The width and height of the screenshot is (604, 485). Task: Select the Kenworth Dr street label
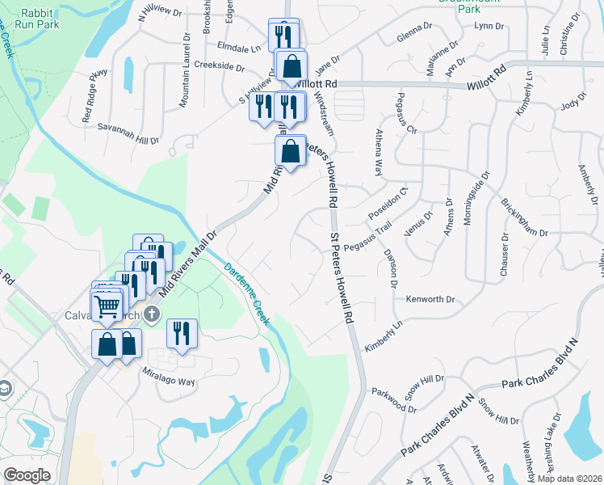(x=430, y=299)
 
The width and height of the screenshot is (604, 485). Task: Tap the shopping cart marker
(x=107, y=306)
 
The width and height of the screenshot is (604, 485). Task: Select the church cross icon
(x=153, y=314)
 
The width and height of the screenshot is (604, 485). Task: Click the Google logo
(x=27, y=475)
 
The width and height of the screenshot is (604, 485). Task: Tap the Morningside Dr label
(x=478, y=199)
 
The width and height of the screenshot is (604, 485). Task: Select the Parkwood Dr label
(x=393, y=401)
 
